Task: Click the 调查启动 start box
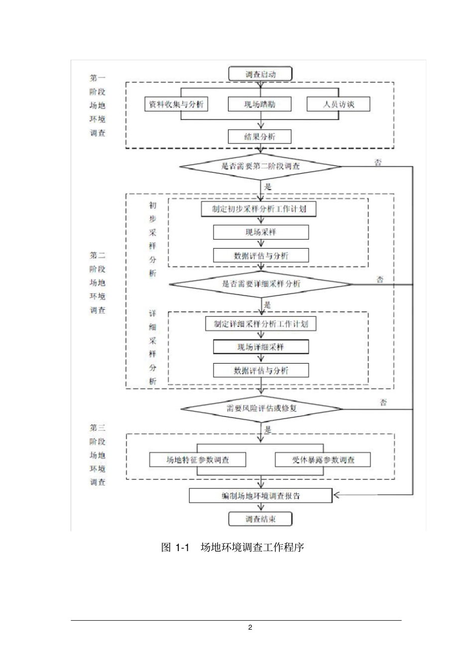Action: tap(260, 74)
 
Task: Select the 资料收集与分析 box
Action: tap(176, 104)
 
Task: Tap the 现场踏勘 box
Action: tap(259, 104)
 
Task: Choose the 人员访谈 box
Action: tap(339, 104)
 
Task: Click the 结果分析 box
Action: tap(259, 136)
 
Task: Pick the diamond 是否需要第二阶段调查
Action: tap(260, 166)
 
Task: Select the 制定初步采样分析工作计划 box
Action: tap(259, 209)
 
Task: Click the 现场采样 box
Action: tap(260, 232)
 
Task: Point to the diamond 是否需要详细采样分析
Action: tap(261, 284)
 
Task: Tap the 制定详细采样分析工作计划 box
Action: tap(261, 324)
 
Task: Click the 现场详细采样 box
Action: tap(260, 347)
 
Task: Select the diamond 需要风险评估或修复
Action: tap(261, 408)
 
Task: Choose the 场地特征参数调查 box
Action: tap(198, 460)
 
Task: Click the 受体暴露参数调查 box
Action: tap(323, 460)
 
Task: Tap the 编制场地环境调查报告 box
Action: tap(260, 496)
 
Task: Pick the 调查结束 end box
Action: tap(260, 519)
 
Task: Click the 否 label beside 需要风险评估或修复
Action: tap(383, 402)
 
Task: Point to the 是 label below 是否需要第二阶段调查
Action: tap(268, 187)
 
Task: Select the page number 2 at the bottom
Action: tap(250, 627)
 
